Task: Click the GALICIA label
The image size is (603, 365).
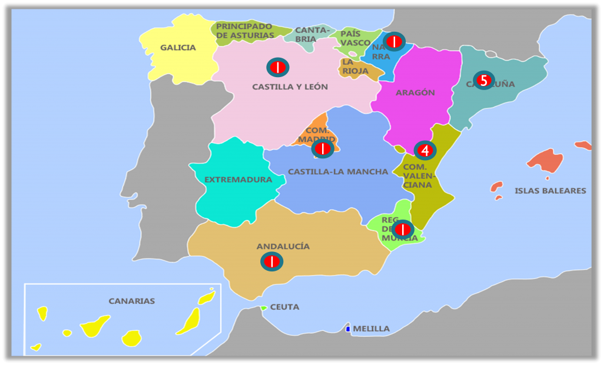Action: (178, 48)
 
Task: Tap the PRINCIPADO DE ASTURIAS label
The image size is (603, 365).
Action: (244, 31)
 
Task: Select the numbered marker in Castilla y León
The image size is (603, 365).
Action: (277, 68)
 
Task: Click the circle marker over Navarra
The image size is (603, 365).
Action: (394, 41)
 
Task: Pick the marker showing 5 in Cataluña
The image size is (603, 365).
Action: (484, 80)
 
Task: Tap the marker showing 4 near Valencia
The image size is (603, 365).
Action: (425, 151)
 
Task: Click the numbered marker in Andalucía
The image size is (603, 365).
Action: (272, 261)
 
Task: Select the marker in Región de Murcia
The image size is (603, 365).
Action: (403, 229)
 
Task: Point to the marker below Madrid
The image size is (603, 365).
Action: (323, 149)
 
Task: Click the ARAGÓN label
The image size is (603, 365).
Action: (415, 92)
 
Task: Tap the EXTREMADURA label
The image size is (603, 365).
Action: (238, 180)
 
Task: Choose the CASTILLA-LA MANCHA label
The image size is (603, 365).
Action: (338, 172)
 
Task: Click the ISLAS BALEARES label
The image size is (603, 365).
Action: (550, 191)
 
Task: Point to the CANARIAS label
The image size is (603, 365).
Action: (132, 301)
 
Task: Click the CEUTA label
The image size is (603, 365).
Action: (285, 307)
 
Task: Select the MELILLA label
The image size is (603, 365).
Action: (371, 328)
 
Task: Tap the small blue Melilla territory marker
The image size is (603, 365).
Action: (348, 328)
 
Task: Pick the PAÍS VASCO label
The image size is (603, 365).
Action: (355, 38)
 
